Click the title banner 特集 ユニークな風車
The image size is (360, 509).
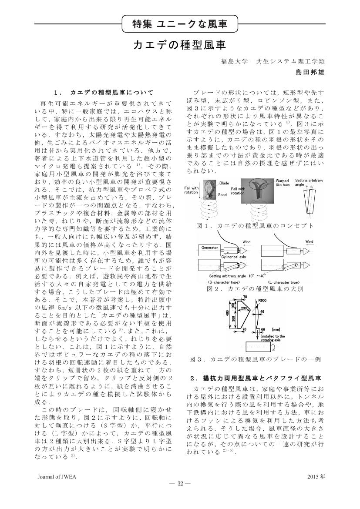(x=180, y=24)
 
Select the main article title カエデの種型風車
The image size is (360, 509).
(x=180, y=45)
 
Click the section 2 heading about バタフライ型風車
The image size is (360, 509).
(x=256, y=377)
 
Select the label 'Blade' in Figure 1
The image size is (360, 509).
(x=224, y=183)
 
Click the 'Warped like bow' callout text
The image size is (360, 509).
(x=282, y=183)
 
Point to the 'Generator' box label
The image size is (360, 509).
(x=210, y=248)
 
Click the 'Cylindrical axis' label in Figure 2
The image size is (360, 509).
(x=234, y=258)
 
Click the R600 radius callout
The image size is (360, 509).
(x=262, y=301)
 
